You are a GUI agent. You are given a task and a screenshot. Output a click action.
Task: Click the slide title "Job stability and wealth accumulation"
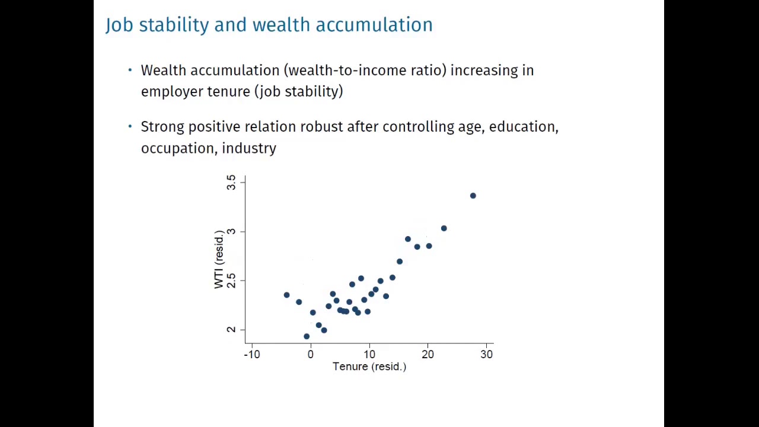(x=269, y=25)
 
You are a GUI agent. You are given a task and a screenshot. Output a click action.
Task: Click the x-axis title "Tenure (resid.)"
(x=369, y=367)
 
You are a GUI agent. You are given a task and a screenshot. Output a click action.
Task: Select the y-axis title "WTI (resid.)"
(x=219, y=259)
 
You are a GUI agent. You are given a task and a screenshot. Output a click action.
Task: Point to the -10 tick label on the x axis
(x=252, y=354)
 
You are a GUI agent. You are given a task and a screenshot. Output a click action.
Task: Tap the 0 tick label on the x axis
(x=310, y=354)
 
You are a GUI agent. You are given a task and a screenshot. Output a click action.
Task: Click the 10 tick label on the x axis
(x=369, y=354)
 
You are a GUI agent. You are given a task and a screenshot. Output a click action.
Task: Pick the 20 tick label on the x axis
(x=428, y=354)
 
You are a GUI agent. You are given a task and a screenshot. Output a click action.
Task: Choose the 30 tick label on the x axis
(x=486, y=354)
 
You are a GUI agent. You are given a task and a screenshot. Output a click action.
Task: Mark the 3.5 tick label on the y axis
(x=231, y=182)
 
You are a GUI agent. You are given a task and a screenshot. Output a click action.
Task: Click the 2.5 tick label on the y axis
(x=231, y=280)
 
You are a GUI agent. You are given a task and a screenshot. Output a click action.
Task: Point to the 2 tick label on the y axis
(x=231, y=329)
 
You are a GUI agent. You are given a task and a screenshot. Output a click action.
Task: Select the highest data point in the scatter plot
(x=473, y=196)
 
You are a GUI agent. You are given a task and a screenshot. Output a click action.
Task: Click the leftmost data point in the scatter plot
(x=286, y=295)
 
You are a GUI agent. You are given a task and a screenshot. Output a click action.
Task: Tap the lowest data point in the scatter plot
(x=307, y=336)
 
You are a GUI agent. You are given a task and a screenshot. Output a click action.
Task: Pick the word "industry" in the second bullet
(x=249, y=148)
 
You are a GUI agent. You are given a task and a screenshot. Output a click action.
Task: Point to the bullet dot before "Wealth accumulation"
(x=130, y=70)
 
